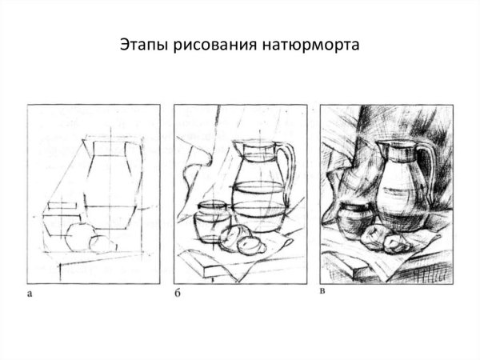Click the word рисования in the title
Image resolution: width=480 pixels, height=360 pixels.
209,44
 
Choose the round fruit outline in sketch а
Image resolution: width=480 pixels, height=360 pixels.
80,235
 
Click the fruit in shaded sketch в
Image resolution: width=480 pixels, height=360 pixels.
382,238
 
